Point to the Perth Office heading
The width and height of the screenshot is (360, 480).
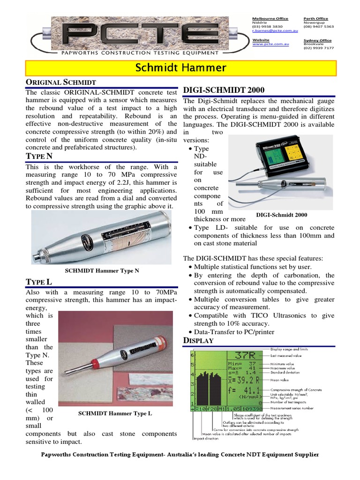point(316,19)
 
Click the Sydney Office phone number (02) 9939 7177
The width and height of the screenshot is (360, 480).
point(319,48)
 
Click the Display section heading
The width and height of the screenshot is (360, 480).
point(198,340)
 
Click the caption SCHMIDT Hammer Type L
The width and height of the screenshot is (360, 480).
point(115,413)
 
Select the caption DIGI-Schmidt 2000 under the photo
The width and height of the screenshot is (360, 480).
point(282,215)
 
